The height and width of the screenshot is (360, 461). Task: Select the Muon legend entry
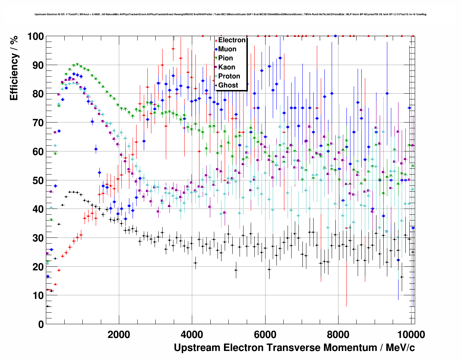(227, 49)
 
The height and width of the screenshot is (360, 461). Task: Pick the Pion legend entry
(225, 58)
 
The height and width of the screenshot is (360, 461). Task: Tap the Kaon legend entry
(227, 67)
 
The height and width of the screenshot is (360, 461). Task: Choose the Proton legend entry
(229, 76)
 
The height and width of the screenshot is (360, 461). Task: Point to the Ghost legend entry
(228, 85)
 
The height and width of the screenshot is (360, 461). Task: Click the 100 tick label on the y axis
(35, 37)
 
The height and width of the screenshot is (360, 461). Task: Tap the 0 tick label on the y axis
(41, 324)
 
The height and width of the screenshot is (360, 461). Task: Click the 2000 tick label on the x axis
(119, 334)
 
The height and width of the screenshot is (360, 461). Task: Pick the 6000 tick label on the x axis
(265, 334)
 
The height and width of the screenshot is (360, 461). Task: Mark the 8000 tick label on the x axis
(338, 334)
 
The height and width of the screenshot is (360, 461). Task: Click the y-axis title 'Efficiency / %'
(14, 68)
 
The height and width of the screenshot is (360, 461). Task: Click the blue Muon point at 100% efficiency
(335, 36)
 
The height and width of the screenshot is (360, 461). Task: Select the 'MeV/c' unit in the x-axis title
(400, 348)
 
